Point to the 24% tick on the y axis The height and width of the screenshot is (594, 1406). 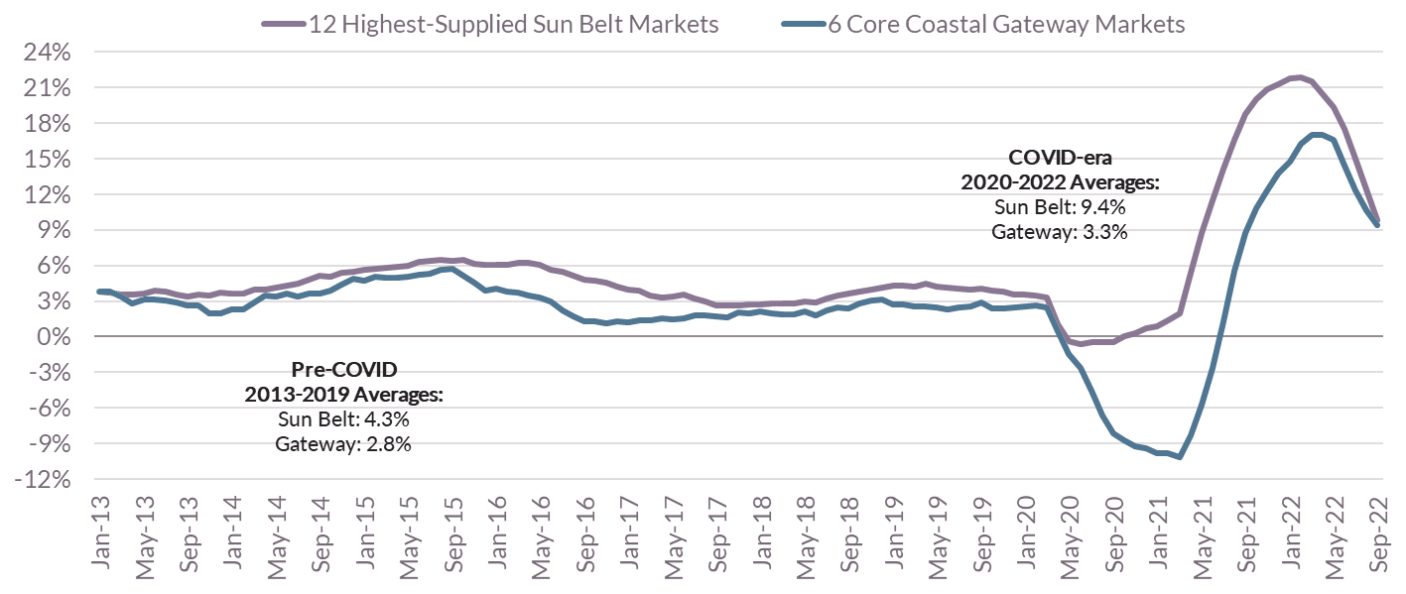(x=43, y=54)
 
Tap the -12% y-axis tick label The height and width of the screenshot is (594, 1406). (x=43, y=480)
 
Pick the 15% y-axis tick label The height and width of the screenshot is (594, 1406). (x=43, y=160)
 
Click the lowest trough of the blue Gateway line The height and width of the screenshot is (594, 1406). (x=1178, y=457)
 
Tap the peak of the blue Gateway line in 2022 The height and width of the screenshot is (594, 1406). (x=1318, y=134)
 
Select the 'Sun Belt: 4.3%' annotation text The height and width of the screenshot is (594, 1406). (x=343, y=418)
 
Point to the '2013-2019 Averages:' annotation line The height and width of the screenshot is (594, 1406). (x=343, y=395)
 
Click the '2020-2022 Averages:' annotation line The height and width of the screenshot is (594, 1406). (x=1060, y=183)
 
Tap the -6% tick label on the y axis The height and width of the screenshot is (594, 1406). (x=46, y=409)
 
